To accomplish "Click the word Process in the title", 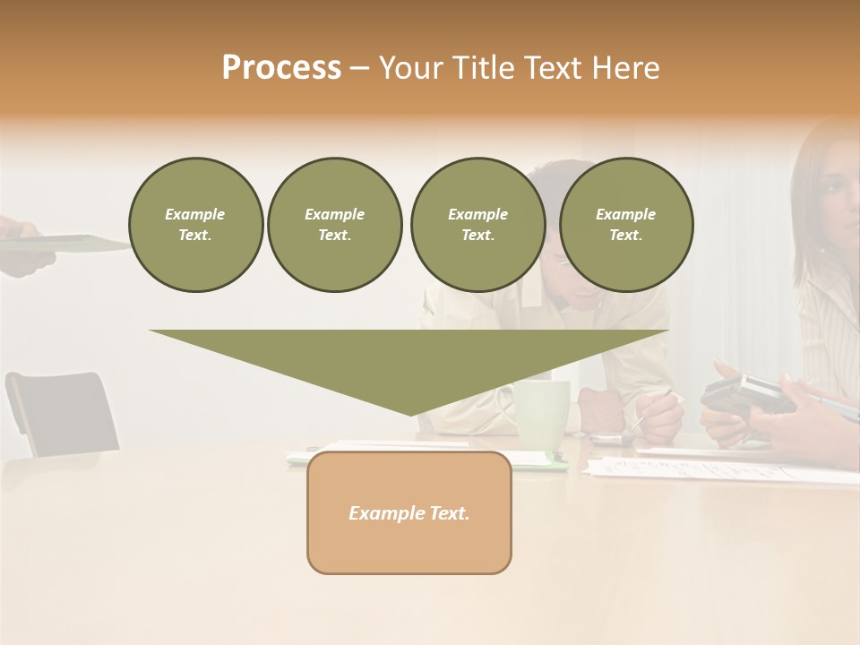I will tap(281, 68).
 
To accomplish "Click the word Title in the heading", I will tap(479, 68).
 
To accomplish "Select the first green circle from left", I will tap(195, 225).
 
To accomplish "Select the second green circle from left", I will tap(334, 225).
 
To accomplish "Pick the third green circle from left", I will tap(477, 225).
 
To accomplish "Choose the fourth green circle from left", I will tap(625, 225).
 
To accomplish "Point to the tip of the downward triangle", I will tap(410, 413).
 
